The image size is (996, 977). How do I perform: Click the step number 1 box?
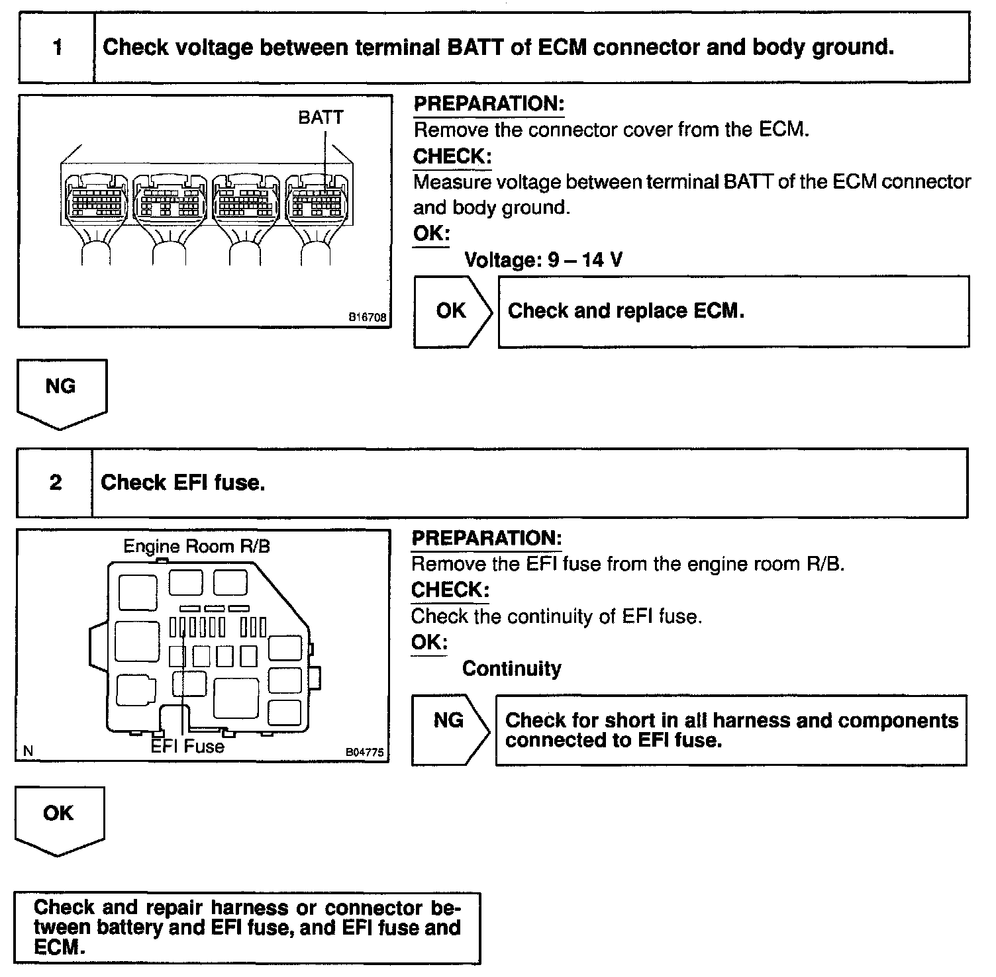(x=57, y=48)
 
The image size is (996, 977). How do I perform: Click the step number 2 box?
(x=55, y=483)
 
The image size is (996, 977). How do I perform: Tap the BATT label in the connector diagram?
(x=321, y=118)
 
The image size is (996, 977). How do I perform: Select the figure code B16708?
(x=368, y=318)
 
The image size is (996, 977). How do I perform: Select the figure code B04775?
(x=364, y=753)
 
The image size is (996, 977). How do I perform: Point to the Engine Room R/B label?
(x=197, y=547)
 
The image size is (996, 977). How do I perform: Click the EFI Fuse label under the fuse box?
(x=187, y=747)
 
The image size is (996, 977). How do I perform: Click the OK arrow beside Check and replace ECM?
(x=453, y=311)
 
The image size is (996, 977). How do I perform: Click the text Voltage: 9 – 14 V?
(x=543, y=260)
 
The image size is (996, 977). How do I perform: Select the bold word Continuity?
(x=511, y=669)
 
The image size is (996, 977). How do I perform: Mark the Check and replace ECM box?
(x=733, y=311)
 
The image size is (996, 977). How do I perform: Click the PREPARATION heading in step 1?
(x=489, y=104)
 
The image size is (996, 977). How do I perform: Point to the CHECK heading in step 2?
(x=450, y=590)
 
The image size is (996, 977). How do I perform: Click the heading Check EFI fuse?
(x=183, y=483)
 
